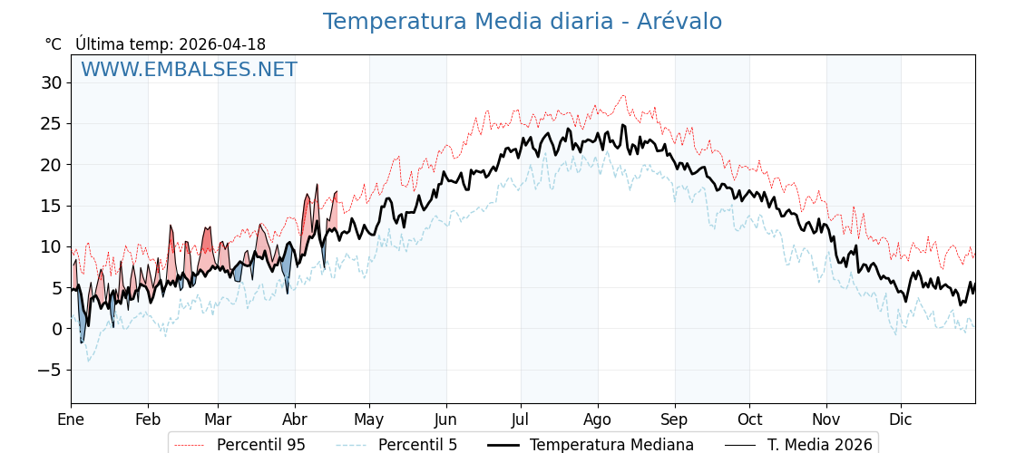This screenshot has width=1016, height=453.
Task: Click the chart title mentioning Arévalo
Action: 522,22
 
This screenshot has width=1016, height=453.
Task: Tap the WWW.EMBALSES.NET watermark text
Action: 189,70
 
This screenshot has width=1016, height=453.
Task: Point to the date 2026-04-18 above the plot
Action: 222,44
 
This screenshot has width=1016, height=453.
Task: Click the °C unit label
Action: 53,44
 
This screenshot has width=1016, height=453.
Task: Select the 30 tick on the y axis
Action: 51,82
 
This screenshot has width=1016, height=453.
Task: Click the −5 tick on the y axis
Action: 49,370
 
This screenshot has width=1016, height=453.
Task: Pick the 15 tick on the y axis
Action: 51,206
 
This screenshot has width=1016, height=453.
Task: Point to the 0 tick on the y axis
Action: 56,329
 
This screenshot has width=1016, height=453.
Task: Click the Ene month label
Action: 71,419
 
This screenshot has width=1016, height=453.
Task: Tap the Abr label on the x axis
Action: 295,419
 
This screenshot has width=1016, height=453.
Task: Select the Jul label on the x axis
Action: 521,419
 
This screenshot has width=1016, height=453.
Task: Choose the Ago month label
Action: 598,419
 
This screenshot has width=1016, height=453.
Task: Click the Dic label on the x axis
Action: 901,419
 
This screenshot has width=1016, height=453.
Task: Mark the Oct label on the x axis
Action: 749,419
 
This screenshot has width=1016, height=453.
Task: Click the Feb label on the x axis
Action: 148,419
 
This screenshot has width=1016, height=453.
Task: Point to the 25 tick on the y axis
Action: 51,123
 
